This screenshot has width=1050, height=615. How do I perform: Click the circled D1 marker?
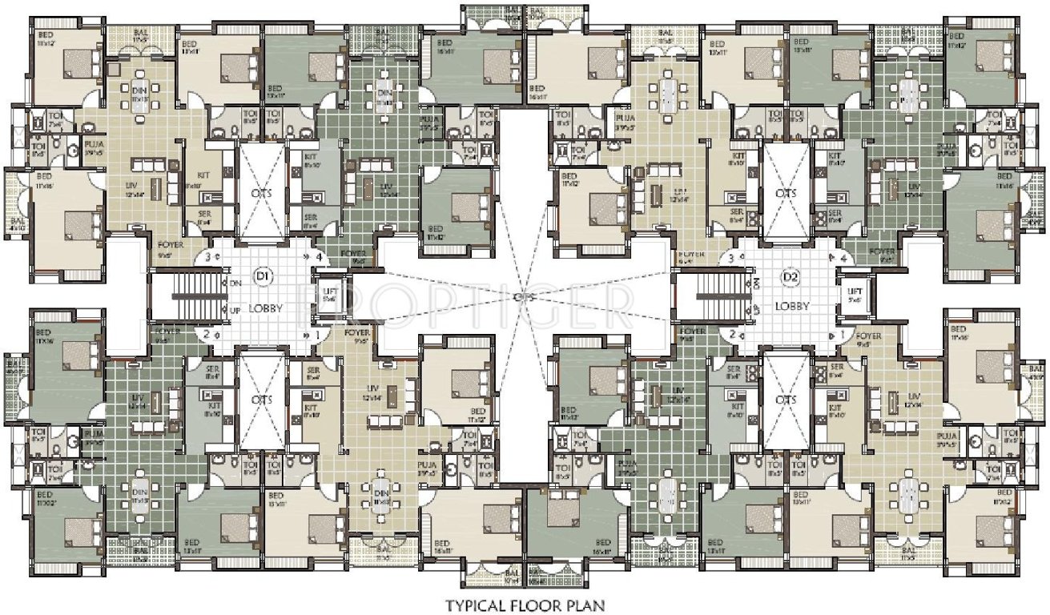(x=261, y=277)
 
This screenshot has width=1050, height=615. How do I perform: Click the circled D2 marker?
(x=791, y=277)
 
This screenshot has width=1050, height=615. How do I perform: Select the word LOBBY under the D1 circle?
(x=263, y=307)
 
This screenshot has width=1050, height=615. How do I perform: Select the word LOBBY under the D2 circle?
(x=791, y=306)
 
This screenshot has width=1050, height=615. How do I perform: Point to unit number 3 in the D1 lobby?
(x=209, y=258)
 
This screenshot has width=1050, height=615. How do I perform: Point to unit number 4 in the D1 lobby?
(x=319, y=258)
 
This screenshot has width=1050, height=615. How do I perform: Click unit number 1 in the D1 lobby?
(x=319, y=334)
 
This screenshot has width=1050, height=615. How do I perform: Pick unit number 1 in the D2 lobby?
(x=842, y=334)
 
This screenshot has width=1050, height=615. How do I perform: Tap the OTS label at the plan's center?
(x=525, y=297)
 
